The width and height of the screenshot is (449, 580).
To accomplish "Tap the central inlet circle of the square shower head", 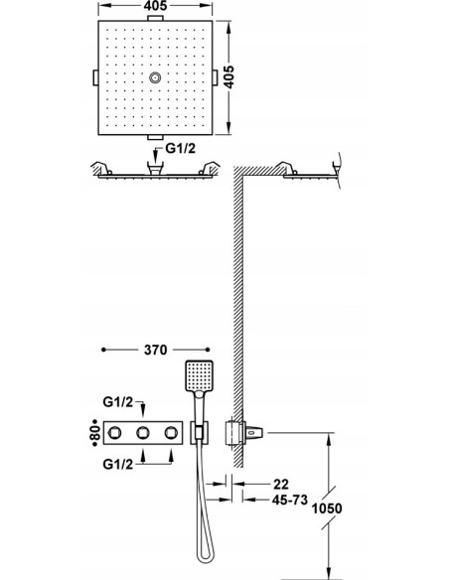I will (157, 78).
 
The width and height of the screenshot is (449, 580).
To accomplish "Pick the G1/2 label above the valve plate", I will (118, 402).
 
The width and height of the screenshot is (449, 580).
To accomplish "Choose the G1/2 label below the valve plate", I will (118, 463).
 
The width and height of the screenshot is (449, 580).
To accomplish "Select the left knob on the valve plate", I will (118, 433).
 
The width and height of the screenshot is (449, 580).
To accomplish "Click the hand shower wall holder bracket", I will (200, 433).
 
